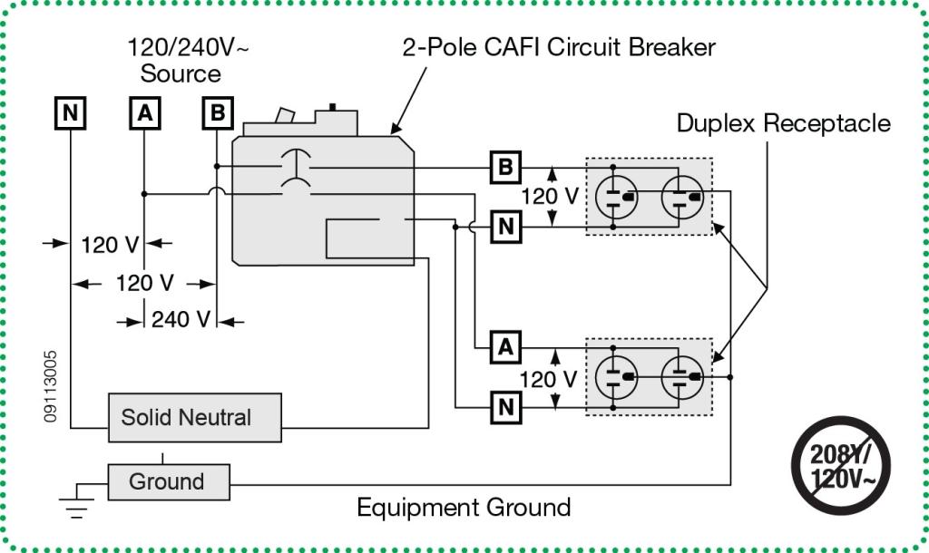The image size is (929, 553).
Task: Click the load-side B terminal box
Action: pyautogui.click(x=505, y=167)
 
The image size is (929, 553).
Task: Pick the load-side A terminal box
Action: pyautogui.click(x=505, y=346)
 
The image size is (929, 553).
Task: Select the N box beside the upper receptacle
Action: pyautogui.click(x=505, y=226)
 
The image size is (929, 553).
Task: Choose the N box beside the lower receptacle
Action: pyautogui.click(x=505, y=406)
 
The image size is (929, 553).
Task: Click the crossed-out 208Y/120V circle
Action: pyautogui.click(x=842, y=465)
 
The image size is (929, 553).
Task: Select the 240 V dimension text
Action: pyautogui.click(x=181, y=320)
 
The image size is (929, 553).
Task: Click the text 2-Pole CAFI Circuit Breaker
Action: pyautogui.click(x=558, y=47)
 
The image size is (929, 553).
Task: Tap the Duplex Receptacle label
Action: pyautogui.click(x=784, y=123)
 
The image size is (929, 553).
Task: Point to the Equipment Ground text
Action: pyautogui.click(x=464, y=507)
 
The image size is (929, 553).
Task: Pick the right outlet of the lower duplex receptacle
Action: pyautogui.click(x=682, y=376)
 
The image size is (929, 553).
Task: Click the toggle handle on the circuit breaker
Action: pyautogui.click(x=285, y=115)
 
